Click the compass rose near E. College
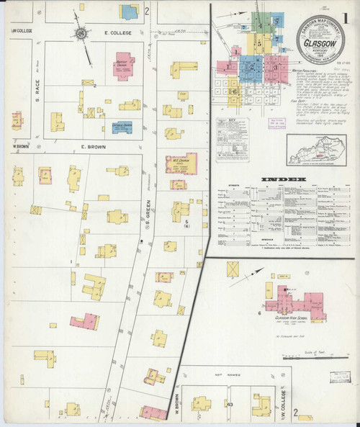[81, 33]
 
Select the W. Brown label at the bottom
[176, 405]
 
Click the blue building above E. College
[130, 12]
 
